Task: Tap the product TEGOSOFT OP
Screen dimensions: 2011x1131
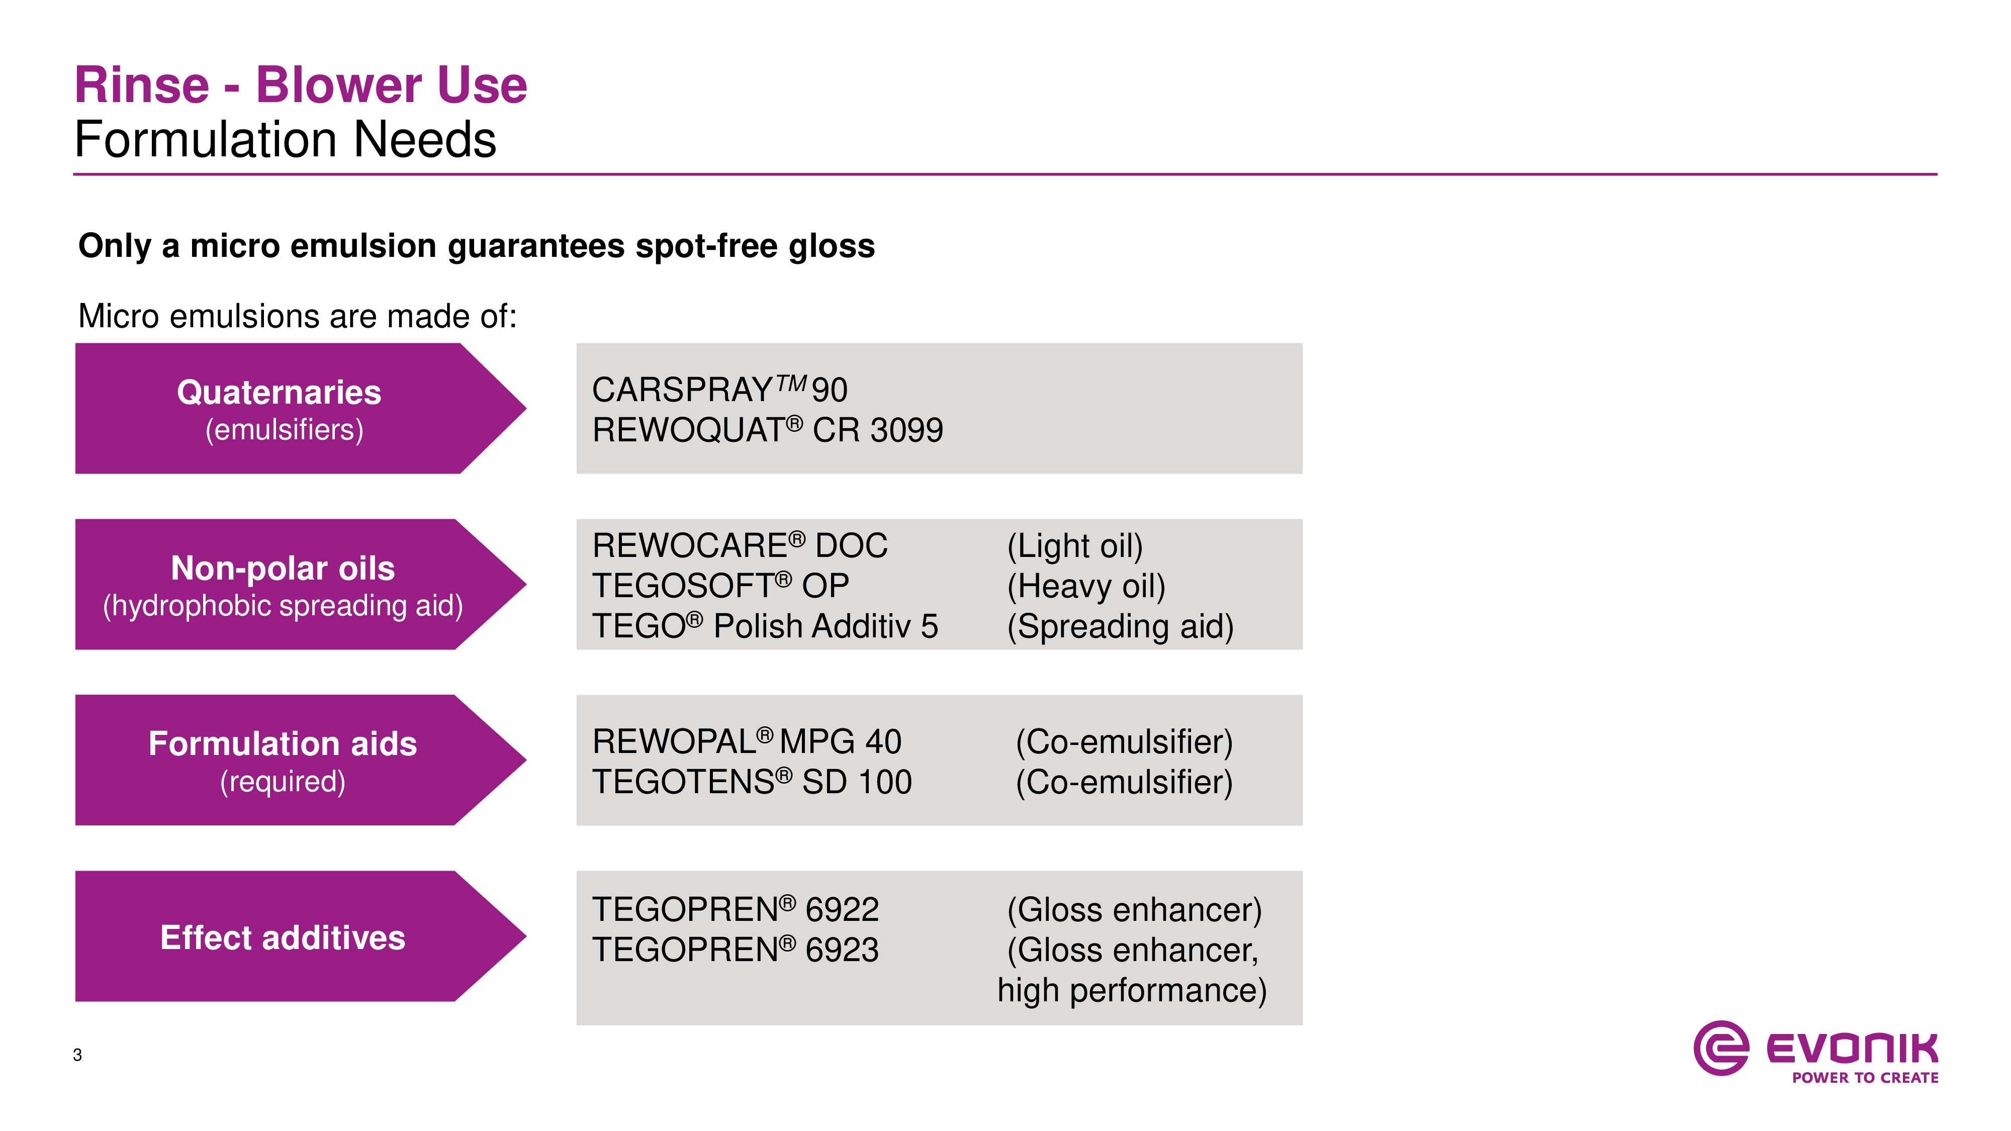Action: click(720, 586)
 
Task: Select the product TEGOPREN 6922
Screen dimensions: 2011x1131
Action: click(736, 909)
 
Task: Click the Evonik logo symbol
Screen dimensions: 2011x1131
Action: click(1720, 1048)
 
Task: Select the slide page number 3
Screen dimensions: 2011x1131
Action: click(77, 1055)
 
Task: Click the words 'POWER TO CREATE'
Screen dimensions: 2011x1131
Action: click(1865, 1078)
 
